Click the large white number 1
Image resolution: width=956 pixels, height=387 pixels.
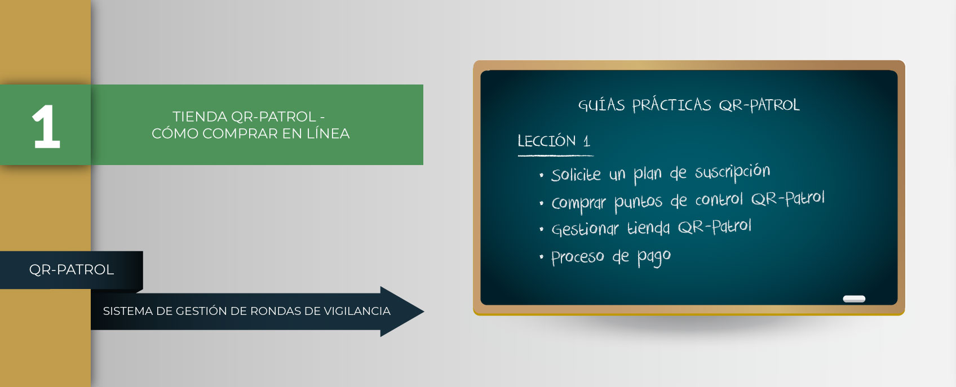(x=46, y=127)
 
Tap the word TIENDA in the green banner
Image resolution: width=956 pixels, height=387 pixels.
(x=200, y=117)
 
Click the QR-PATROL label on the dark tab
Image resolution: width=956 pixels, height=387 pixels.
(x=71, y=270)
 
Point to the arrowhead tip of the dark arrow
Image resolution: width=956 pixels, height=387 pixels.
(x=423, y=312)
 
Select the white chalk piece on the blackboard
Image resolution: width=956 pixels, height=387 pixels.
(x=854, y=299)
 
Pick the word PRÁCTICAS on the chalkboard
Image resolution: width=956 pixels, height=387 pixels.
(x=672, y=105)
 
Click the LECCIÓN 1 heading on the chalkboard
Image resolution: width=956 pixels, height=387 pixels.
(x=554, y=141)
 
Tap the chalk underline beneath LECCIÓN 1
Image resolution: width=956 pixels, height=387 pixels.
(x=556, y=155)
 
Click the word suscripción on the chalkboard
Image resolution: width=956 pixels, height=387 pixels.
(x=732, y=172)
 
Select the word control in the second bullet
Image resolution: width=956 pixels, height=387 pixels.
(x=719, y=199)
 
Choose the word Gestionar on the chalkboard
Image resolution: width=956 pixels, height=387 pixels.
(x=585, y=230)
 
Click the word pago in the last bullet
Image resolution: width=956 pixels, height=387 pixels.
(x=654, y=257)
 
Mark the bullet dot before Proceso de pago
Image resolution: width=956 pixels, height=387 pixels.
(x=542, y=257)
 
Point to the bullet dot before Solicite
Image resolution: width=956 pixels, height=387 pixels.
(x=542, y=175)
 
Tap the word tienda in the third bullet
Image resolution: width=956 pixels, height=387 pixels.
(x=649, y=228)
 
